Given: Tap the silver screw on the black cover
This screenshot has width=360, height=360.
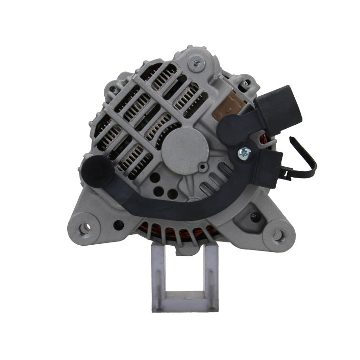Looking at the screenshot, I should pos(244,152).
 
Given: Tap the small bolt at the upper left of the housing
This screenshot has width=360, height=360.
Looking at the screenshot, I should pos(112,89).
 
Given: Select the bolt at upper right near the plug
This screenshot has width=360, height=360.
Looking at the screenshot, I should pos(246,84).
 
